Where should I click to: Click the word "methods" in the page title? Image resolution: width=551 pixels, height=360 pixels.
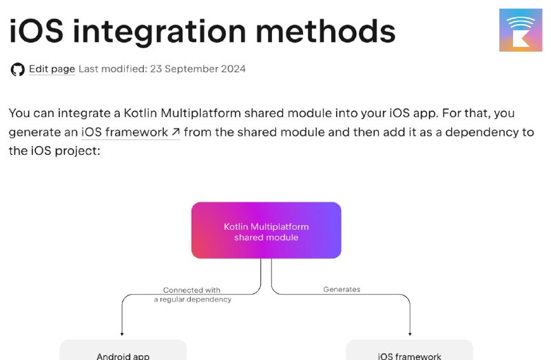coord(325,31)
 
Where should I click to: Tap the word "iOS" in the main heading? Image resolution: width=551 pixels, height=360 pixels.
coord(37,31)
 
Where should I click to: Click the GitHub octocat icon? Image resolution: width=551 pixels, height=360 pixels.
coord(18,70)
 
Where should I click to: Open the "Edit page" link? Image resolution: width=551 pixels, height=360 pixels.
coord(52,69)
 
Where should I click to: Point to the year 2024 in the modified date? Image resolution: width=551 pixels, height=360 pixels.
coord(233,69)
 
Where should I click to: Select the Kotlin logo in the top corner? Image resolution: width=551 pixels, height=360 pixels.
coord(521,30)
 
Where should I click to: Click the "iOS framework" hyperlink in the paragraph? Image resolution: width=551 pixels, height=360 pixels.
coord(125,132)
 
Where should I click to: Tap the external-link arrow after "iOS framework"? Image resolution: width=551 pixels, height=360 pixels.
coord(176,132)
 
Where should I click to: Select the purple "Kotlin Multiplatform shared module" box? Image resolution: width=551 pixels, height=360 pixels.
coord(267,231)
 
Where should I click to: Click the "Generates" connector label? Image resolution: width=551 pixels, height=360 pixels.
coord(342,289)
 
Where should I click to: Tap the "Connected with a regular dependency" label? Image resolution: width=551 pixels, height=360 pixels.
coord(193,295)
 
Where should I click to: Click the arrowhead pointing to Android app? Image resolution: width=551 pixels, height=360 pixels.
coord(122,334)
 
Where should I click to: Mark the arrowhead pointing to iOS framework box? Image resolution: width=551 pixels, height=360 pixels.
coord(410,334)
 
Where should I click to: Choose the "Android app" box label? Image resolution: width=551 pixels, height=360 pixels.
coord(123,356)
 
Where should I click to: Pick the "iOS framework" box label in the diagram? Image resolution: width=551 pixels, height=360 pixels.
coord(409,356)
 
